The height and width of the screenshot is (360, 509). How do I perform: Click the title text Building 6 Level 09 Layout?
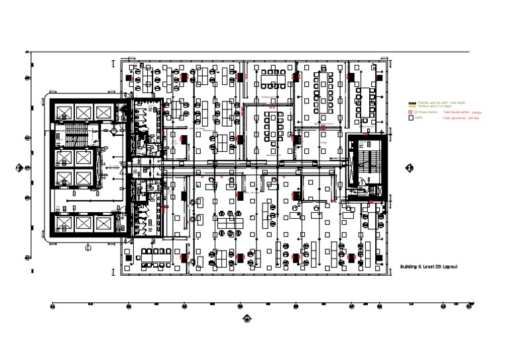point(429,267)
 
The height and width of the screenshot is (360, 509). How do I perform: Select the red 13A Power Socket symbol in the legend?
point(411,113)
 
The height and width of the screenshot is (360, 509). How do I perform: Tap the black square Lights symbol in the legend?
point(411,119)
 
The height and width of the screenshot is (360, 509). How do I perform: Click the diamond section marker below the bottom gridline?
point(247,318)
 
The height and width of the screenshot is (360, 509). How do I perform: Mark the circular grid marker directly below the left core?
point(88,247)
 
